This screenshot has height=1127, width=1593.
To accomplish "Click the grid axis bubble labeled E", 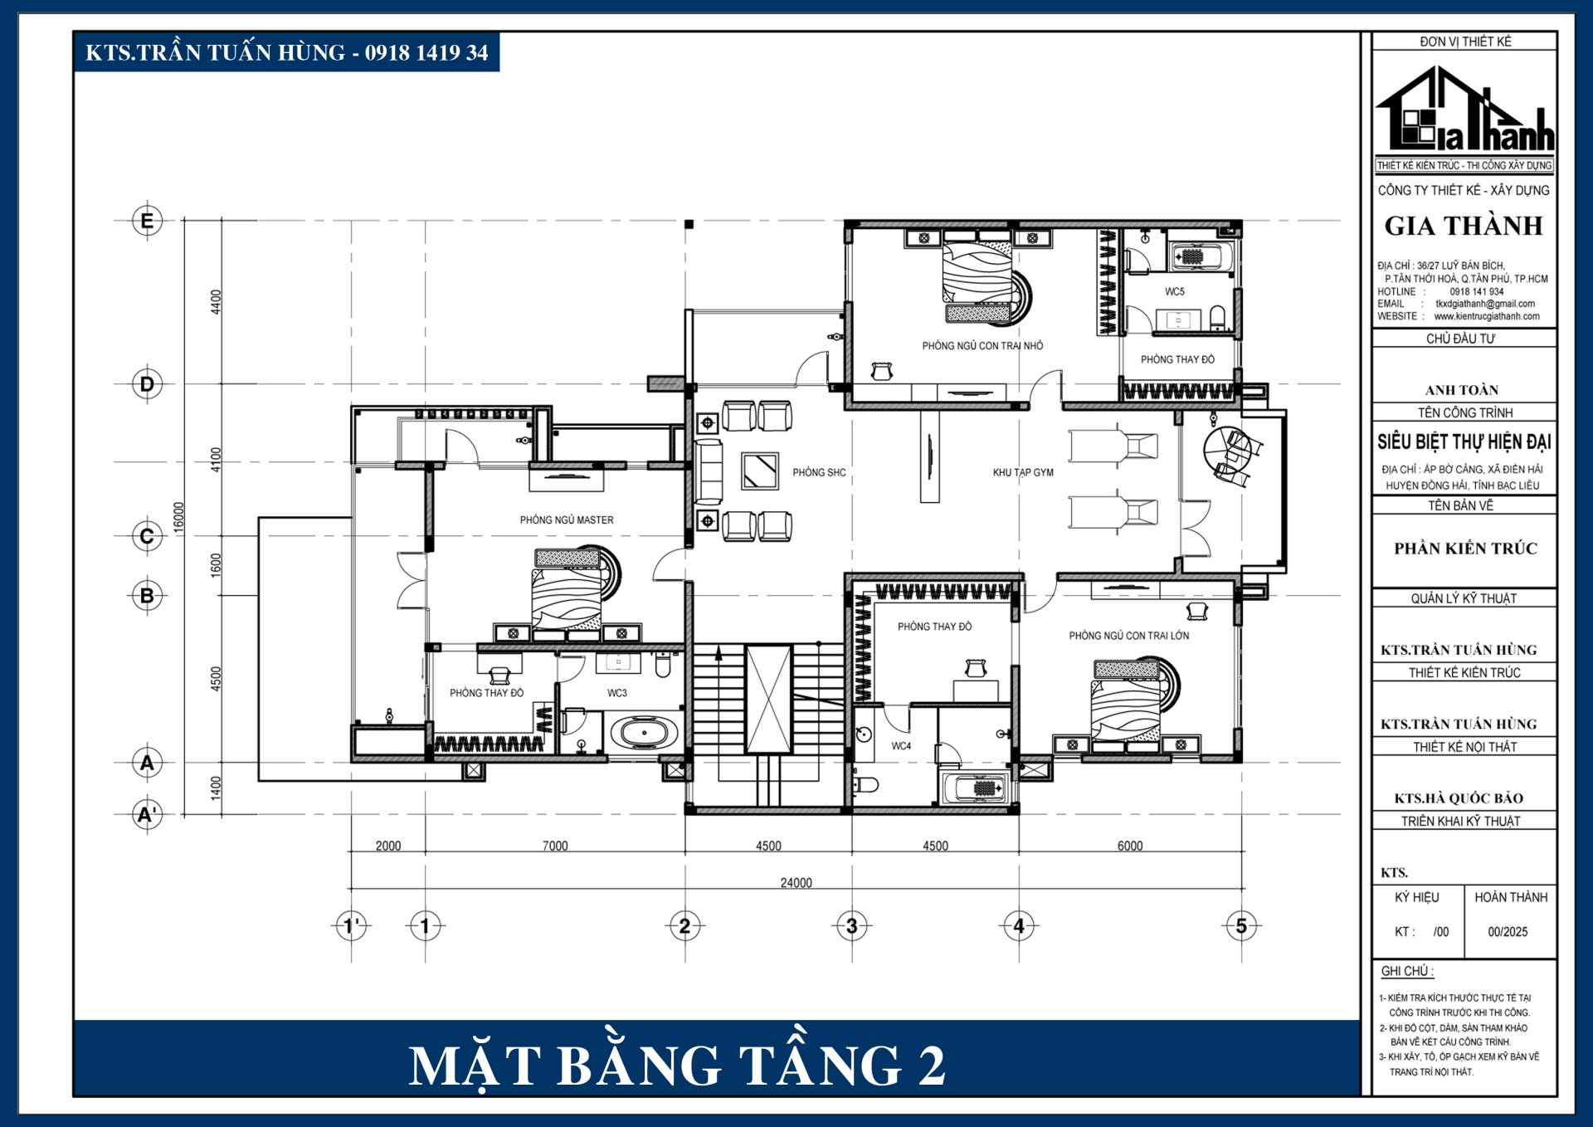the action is point(148,221).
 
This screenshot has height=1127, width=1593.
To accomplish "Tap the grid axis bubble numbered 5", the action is point(1241,925).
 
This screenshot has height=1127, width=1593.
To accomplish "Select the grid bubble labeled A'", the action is point(148,814).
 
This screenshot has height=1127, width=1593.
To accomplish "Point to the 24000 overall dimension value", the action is point(796,883).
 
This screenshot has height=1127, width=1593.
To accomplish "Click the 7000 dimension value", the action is point(555,846).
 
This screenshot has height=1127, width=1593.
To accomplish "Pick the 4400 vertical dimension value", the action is point(217,301).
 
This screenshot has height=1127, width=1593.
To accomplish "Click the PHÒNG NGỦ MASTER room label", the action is point(567,520).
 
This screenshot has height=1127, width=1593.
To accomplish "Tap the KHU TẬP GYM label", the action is point(1023,472).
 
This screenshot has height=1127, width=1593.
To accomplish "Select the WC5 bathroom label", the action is point(1174,291).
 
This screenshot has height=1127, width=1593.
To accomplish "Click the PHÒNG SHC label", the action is point(819,472).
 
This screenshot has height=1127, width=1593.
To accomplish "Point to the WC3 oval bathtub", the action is point(644,734).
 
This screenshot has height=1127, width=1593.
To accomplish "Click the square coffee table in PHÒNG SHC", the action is point(760,471).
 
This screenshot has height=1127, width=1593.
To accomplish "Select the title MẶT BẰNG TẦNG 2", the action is point(677,1066).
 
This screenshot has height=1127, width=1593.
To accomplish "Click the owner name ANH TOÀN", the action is point(1462,390).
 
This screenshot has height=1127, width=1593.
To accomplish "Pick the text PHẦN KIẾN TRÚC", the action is point(1465,549).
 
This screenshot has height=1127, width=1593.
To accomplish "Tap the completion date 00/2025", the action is point(1508,932).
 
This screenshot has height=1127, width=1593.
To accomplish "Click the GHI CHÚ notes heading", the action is point(1407,971).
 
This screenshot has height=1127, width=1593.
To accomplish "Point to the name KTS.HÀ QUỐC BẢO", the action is point(1459,798).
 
